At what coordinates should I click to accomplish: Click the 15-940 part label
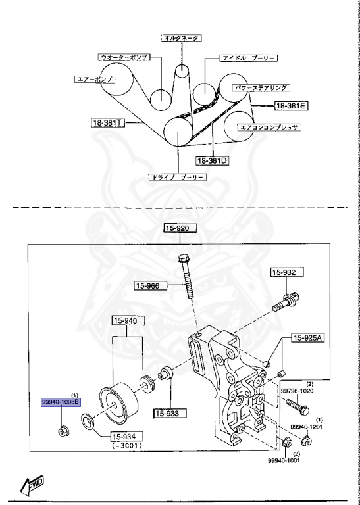point(125,321)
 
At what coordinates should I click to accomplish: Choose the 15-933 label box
point(169,414)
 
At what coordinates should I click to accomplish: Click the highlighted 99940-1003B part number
point(59,401)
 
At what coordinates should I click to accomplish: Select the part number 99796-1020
point(298,390)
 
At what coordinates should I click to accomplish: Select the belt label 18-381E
point(291,105)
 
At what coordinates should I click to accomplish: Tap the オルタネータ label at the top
point(182,38)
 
